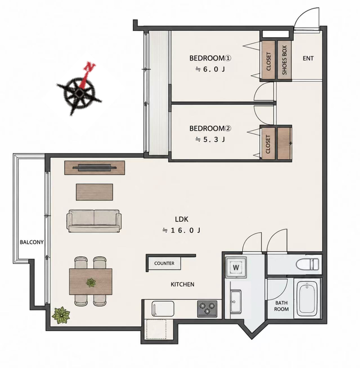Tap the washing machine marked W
236,267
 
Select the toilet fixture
308,264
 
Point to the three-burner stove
207,309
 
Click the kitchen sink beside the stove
163,309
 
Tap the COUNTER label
164,263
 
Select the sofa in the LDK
94,221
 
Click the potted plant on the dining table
91,282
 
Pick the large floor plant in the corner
61,315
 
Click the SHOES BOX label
285,60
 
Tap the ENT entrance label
308,58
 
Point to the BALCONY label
32,242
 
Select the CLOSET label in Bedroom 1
269,61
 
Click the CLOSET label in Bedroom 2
268,144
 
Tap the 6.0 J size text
211,69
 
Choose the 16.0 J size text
182,230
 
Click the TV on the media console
95,167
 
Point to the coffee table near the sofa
94,192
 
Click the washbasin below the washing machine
236,302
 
